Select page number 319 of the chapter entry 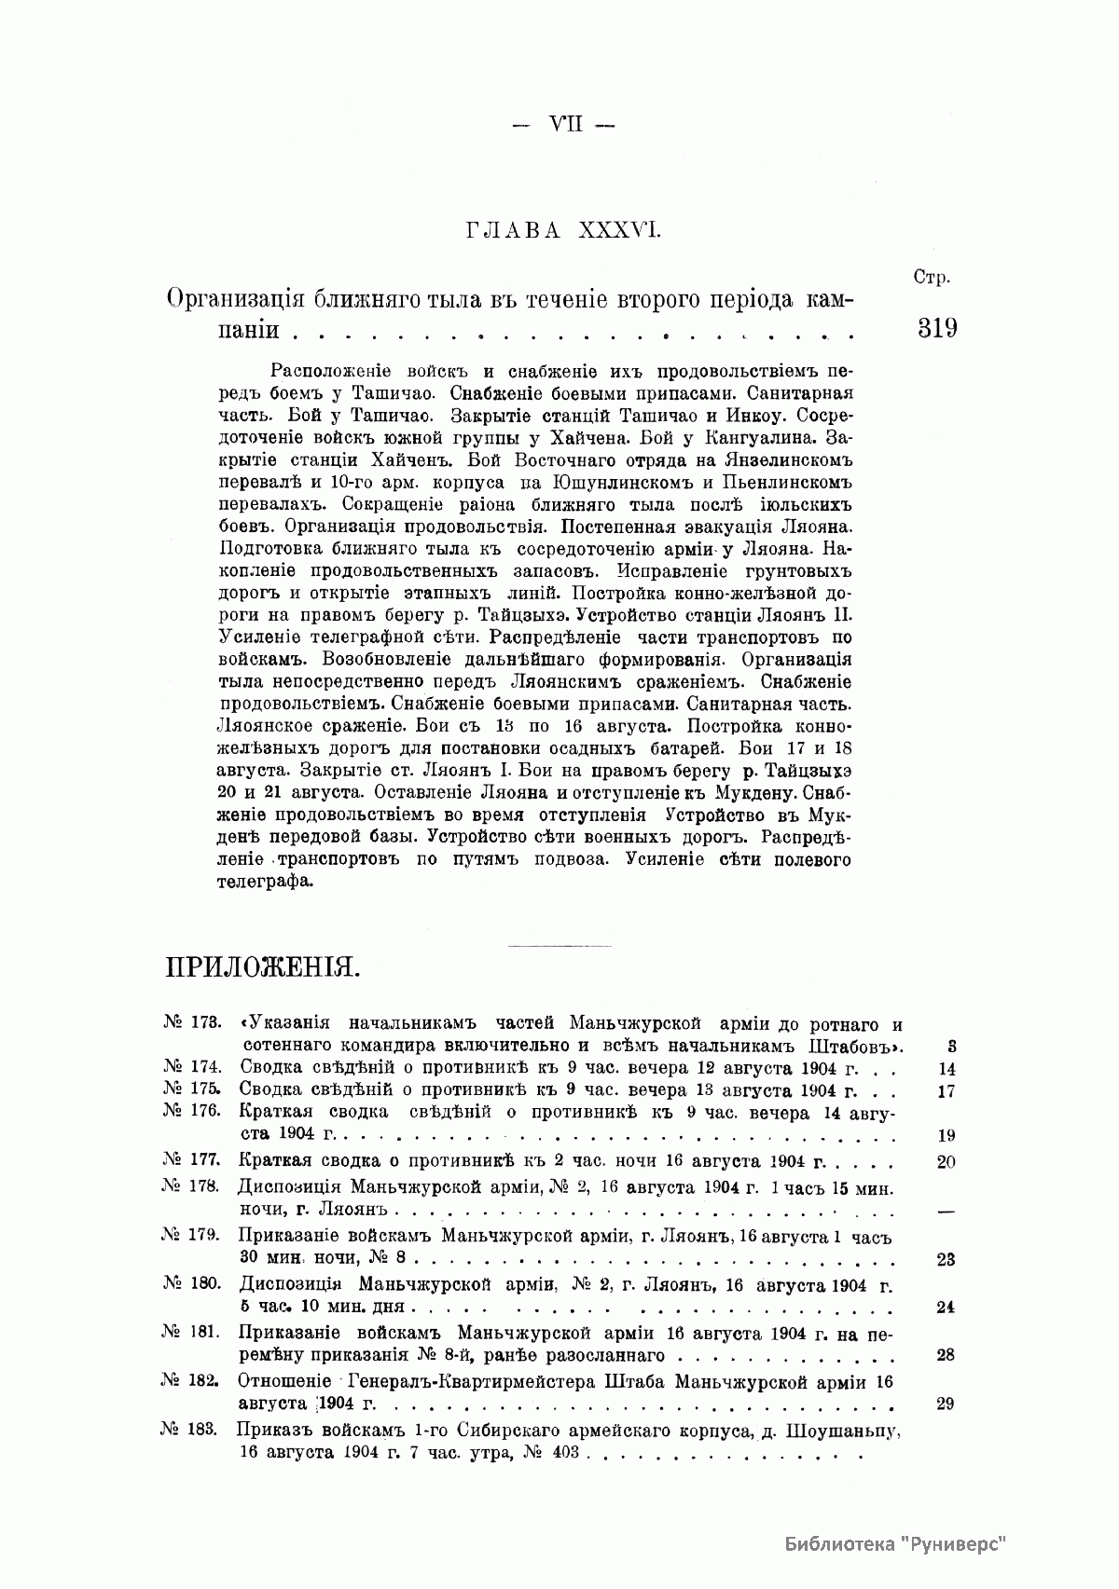(x=937, y=329)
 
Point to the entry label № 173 (x=191, y=1023)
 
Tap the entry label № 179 (x=190, y=1236)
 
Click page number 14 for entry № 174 (x=946, y=1070)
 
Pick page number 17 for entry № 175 (x=946, y=1091)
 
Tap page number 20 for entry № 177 (x=946, y=1162)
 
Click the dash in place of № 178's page (x=946, y=1212)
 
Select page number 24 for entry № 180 (x=945, y=1308)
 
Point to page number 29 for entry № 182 (x=945, y=1404)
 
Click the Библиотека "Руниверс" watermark (x=895, y=1543)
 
